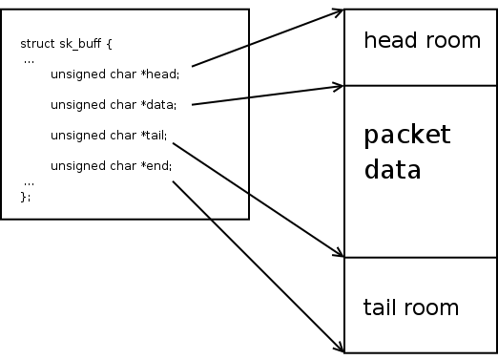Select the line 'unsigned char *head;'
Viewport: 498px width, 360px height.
click(114, 74)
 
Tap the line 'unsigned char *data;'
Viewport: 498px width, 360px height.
click(114, 104)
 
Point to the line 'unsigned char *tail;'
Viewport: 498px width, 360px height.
click(109, 135)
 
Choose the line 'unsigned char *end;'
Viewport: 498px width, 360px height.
click(111, 165)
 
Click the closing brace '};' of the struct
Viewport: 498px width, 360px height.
click(26, 196)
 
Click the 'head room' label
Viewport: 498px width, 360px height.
click(422, 40)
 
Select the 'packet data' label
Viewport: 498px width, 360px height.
click(406, 152)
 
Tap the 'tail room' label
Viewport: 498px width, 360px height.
click(411, 307)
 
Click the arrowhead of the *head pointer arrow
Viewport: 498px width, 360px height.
click(339, 11)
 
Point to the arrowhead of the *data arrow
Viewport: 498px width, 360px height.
click(339, 87)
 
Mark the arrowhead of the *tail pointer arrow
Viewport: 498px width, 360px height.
click(339, 255)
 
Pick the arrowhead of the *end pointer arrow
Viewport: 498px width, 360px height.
click(339, 349)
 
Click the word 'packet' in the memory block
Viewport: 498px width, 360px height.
click(406, 135)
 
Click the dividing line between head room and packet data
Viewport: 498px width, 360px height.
click(420, 85)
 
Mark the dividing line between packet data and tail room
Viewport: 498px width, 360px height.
click(420, 258)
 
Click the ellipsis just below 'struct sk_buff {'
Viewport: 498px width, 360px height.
click(30, 59)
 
